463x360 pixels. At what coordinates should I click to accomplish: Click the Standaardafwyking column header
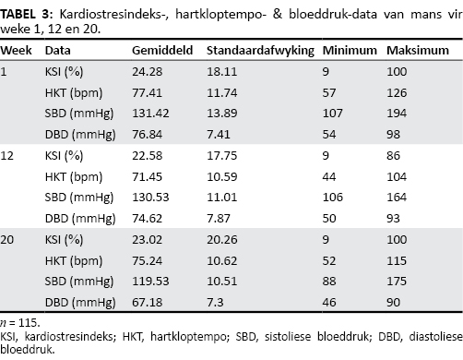tap(260, 51)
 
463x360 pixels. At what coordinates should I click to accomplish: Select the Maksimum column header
tap(418, 50)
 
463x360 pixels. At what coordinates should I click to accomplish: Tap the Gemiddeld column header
tap(162, 50)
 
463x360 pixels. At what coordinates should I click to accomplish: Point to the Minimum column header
tap(350, 50)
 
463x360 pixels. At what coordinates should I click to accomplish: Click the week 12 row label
tap(7, 156)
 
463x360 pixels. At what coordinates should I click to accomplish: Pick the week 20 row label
tap(7, 240)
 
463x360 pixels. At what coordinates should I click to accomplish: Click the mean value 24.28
tap(147, 72)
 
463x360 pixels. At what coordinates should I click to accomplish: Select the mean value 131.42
tap(150, 114)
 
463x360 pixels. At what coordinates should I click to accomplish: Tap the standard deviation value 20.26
tap(221, 240)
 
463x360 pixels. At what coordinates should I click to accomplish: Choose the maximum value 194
tap(397, 114)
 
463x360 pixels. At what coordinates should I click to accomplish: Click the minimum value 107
tap(332, 114)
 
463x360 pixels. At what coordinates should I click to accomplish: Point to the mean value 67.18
tap(147, 303)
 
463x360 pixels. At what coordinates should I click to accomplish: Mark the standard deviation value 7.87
tap(219, 219)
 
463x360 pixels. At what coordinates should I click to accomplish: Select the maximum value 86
tap(393, 156)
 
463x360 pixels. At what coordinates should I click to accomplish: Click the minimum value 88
tap(329, 282)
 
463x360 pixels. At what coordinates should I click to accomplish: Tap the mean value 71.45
tap(147, 177)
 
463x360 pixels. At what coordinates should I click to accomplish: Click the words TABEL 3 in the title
tap(27, 14)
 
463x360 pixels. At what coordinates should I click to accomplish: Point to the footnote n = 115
tap(20, 323)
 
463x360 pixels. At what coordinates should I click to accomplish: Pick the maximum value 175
tap(397, 282)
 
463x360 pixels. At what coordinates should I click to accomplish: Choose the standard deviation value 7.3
tap(215, 303)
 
